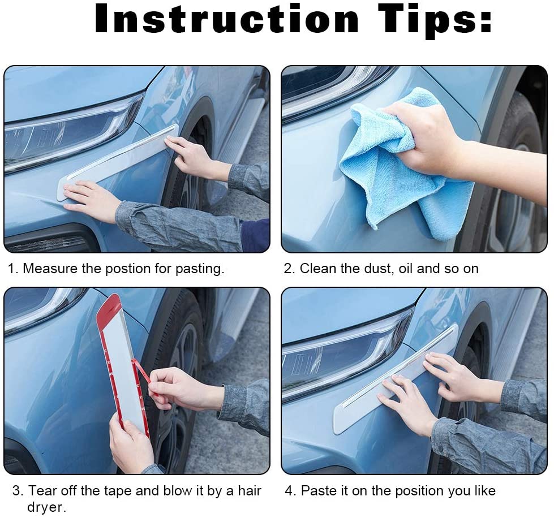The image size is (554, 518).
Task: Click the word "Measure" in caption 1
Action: click(50, 269)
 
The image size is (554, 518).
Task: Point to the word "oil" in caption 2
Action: click(405, 269)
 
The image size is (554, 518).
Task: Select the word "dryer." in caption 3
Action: click(46, 507)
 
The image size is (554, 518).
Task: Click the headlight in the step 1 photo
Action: click(71, 133)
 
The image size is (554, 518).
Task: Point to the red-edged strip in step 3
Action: click(122, 362)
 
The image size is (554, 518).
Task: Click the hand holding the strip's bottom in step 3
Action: click(131, 444)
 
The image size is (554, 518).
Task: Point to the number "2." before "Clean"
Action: click(289, 269)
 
